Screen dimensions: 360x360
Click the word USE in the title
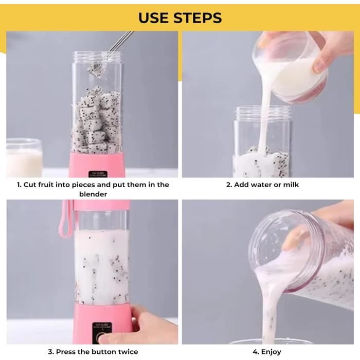[154, 17]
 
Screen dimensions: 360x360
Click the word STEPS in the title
[197, 17]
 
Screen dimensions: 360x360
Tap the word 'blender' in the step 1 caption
[93, 194]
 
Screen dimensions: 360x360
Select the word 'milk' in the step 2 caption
[291, 184]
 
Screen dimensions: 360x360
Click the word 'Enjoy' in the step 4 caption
[271, 352]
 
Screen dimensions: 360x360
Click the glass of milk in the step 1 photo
[24, 158]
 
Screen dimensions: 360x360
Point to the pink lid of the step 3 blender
[101, 205]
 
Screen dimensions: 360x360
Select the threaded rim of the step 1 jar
[97, 56]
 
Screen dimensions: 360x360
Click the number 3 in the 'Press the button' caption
[50, 351]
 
